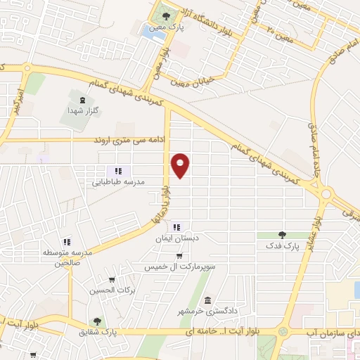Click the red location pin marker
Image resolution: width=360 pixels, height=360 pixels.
tap(181, 165)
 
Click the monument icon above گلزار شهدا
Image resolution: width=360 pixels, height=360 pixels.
tap(83, 101)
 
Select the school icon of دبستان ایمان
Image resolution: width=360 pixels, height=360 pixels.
tap(176, 227)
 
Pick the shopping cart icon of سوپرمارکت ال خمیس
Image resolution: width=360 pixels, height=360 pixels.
tap(179, 257)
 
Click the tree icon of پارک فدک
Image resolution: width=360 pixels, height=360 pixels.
tap(282, 235)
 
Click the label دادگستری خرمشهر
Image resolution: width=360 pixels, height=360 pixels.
tap(205, 309)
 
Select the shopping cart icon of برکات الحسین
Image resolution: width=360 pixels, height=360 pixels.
tap(112, 280)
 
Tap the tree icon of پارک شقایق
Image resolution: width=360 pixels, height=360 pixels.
tap(97, 321)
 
